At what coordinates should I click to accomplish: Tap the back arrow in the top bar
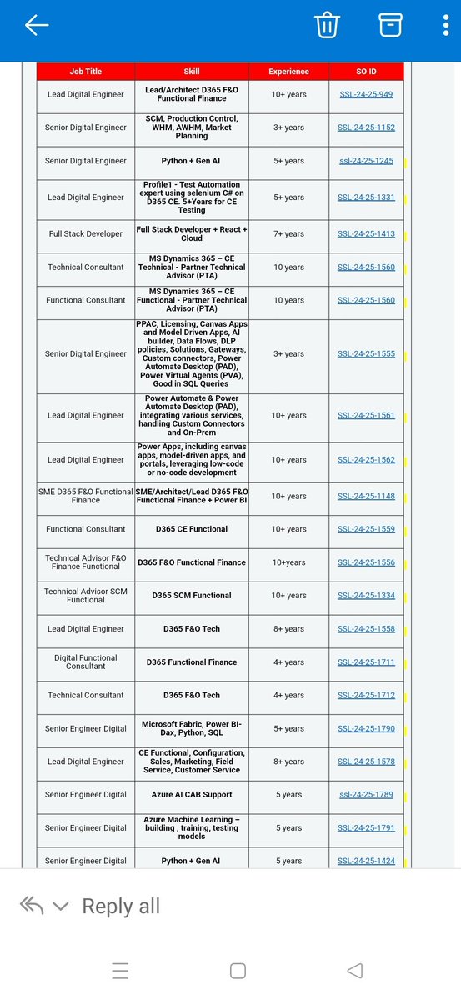(37, 26)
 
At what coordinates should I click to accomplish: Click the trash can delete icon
(326, 26)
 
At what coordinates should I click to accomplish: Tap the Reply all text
(121, 907)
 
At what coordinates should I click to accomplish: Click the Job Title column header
(86, 72)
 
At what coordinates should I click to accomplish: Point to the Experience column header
(288, 72)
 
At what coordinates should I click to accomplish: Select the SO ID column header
(366, 72)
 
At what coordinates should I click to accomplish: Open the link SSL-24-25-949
(366, 95)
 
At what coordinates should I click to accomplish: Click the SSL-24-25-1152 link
(366, 128)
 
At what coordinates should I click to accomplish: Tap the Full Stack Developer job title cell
(86, 234)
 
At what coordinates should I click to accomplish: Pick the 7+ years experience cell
(288, 234)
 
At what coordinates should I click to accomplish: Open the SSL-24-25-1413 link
(366, 234)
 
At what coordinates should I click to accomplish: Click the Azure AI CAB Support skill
(191, 795)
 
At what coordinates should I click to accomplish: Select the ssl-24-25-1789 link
(366, 795)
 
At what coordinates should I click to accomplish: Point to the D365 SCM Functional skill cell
(191, 596)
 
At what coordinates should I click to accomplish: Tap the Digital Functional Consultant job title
(86, 662)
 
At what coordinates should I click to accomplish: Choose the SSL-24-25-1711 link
(366, 662)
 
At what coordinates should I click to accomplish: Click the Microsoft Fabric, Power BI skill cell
(191, 729)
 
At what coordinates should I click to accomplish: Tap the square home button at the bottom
(238, 971)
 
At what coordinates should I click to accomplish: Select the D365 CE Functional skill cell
(191, 529)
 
